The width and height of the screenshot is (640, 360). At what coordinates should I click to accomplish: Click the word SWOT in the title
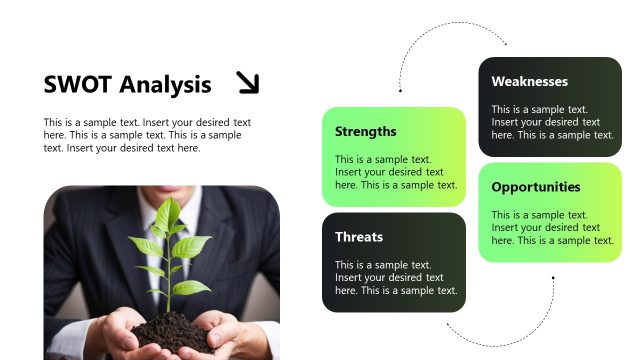(x=76, y=84)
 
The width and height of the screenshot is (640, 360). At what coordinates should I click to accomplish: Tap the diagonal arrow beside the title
(x=247, y=82)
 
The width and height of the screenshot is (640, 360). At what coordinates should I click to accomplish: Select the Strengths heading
(x=365, y=131)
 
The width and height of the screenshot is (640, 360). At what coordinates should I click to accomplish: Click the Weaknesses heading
(x=529, y=81)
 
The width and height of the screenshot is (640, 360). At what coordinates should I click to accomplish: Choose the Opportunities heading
(x=535, y=187)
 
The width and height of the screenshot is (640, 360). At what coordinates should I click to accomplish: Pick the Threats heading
(x=358, y=237)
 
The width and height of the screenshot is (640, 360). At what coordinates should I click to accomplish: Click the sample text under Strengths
(x=395, y=171)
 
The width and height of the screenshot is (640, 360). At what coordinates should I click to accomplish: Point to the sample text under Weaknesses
(x=553, y=122)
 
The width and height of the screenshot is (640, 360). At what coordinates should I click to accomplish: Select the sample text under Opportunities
(x=553, y=227)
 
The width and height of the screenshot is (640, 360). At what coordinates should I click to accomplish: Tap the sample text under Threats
(x=395, y=277)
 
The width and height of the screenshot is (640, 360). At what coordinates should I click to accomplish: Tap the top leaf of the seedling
(x=169, y=211)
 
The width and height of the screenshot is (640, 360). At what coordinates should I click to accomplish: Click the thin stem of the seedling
(x=168, y=290)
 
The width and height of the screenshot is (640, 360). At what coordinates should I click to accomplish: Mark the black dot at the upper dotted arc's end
(x=400, y=91)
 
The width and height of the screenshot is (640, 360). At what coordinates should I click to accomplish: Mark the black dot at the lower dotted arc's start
(x=553, y=278)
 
